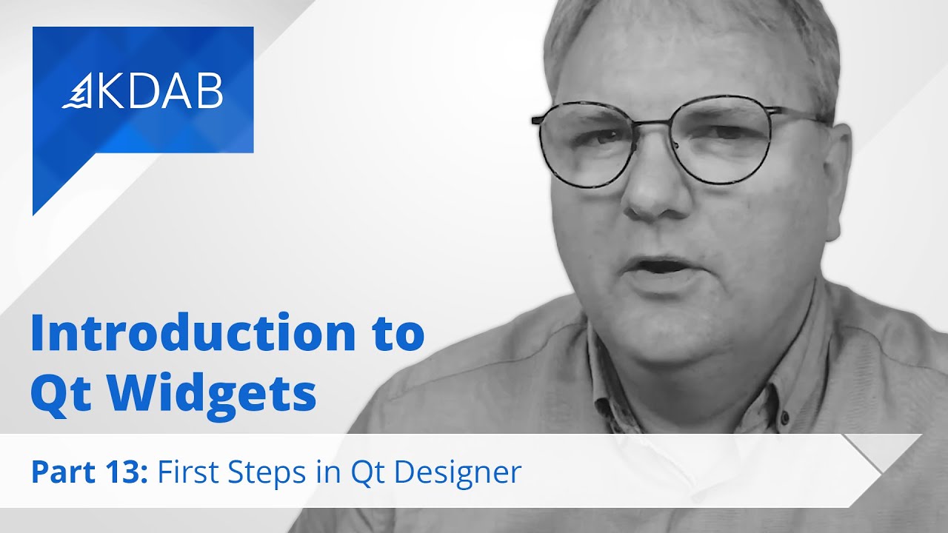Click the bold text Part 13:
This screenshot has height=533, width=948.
click(89, 472)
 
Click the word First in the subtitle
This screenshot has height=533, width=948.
click(191, 472)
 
